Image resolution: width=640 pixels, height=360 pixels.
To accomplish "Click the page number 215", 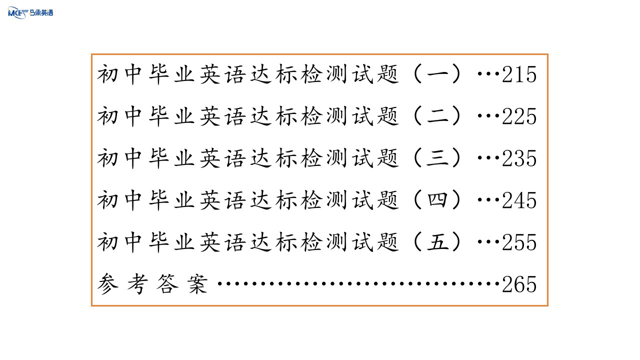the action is (x=519, y=74).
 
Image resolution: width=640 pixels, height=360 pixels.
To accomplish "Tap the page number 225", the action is (x=519, y=116).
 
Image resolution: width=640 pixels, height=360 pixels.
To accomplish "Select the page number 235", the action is (x=519, y=158).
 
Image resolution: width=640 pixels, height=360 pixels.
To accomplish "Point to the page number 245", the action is (x=519, y=200).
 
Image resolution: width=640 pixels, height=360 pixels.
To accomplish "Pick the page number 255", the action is (x=519, y=242).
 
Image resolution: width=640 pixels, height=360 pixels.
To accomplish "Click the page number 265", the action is (x=519, y=284).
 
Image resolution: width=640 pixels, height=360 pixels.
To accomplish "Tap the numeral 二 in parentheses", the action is (x=437, y=116).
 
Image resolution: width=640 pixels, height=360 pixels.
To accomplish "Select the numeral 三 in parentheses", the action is (x=437, y=158).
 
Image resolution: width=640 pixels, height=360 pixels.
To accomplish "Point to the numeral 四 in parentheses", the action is (x=437, y=199).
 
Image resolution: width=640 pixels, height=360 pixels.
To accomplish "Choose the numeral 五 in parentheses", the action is (x=437, y=242).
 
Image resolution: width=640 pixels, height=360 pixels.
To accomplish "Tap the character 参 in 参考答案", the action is (x=107, y=283).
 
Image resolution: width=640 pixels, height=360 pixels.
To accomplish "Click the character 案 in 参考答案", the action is (x=197, y=283).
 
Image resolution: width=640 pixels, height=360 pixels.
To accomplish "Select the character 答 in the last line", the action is (x=167, y=283).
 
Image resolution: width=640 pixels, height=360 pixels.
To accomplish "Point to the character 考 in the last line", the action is (x=137, y=283).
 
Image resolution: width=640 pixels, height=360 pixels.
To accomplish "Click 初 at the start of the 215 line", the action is (x=107, y=74).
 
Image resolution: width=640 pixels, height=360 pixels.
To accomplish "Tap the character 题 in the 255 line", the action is (x=387, y=242).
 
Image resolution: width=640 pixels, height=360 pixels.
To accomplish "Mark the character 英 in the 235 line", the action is (x=209, y=158).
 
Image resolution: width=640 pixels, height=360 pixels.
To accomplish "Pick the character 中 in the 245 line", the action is (x=133, y=200).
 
